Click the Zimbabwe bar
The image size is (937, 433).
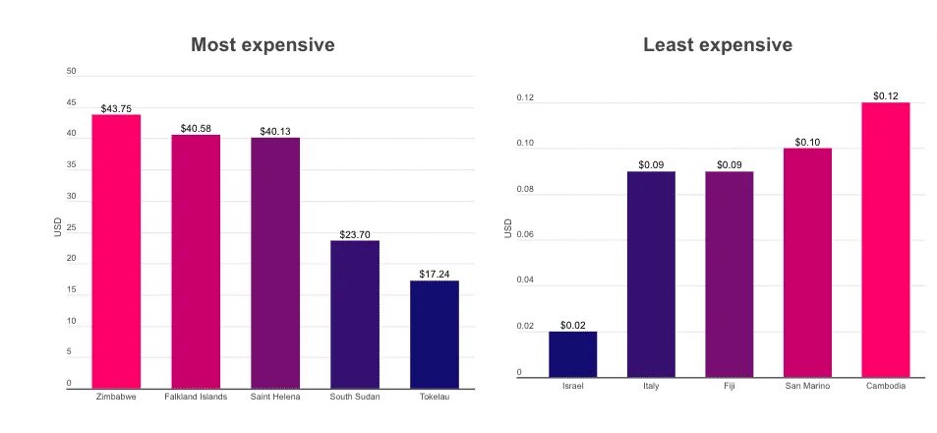click(116, 251)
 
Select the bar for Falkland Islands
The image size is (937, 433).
click(196, 261)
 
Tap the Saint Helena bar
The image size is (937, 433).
click(275, 263)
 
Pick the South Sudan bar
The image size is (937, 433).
click(355, 314)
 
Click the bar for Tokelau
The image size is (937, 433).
click(435, 334)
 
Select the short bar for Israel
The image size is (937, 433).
click(572, 354)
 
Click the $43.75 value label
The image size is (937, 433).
click(116, 108)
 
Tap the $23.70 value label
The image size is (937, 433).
click(355, 234)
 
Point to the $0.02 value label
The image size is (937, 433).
click(572, 325)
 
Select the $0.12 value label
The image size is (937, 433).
click(886, 96)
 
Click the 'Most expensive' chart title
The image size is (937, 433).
click(263, 45)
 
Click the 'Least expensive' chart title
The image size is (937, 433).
click(718, 45)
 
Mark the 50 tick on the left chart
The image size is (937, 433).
click(71, 72)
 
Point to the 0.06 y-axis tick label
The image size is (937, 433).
click(526, 234)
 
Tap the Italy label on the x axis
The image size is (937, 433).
click(651, 386)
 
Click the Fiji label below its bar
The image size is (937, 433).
click(729, 386)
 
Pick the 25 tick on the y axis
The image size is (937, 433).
click(71, 227)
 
